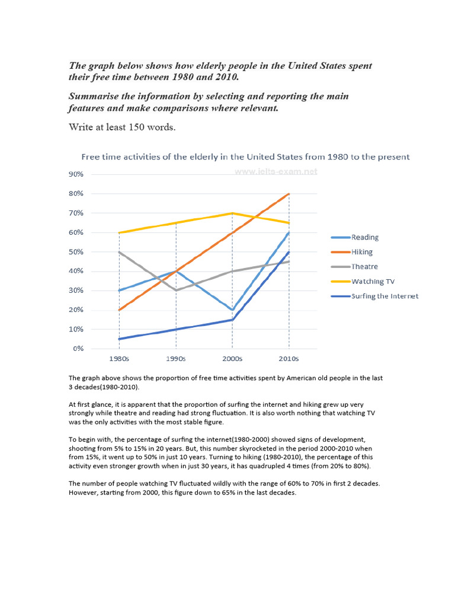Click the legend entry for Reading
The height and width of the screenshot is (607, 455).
tap(364, 237)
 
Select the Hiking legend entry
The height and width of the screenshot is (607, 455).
tap(362, 252)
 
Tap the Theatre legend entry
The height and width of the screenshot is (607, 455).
tap(363, 267)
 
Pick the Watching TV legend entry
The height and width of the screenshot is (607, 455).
tap(371, 281)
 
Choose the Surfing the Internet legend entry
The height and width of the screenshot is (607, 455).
tap(384, 296)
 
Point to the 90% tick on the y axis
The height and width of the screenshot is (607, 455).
tap(76, 174)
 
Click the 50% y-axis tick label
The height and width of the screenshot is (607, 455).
tap(76, 252)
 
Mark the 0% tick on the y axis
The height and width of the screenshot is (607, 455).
tap(78, 349)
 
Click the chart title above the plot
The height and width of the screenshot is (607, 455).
tap(245, 157)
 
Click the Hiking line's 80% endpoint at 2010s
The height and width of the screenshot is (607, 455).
tap(289, 194)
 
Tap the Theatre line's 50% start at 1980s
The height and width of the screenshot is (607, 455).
tap(119, 252)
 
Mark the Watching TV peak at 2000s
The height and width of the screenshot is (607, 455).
tap(232, 213)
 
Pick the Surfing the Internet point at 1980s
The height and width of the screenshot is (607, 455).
tap(119, 339)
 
